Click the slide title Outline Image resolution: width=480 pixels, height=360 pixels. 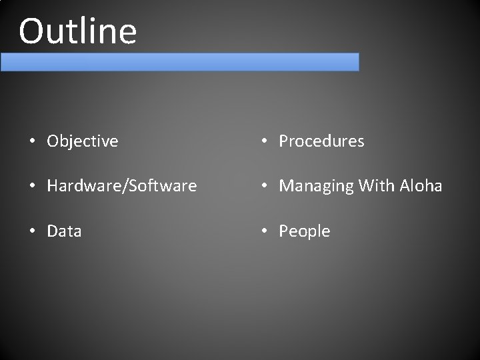(78, 31)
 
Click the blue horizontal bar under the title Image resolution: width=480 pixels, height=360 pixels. (179, 62)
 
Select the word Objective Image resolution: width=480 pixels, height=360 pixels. (83, 141)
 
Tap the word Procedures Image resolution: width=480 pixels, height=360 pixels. (321, 141)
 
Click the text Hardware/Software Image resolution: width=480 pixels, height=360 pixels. (122, 186)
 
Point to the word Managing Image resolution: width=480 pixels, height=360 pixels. (316, 186)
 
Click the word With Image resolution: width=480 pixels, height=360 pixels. (377, 185)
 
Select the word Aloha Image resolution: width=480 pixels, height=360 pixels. (422, 185)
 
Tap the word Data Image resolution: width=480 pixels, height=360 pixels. (64, 231)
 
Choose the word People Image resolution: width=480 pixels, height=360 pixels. (305, 231)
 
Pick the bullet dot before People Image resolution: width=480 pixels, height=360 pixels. (265, 231)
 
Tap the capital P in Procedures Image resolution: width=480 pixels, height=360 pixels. (284, 141)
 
